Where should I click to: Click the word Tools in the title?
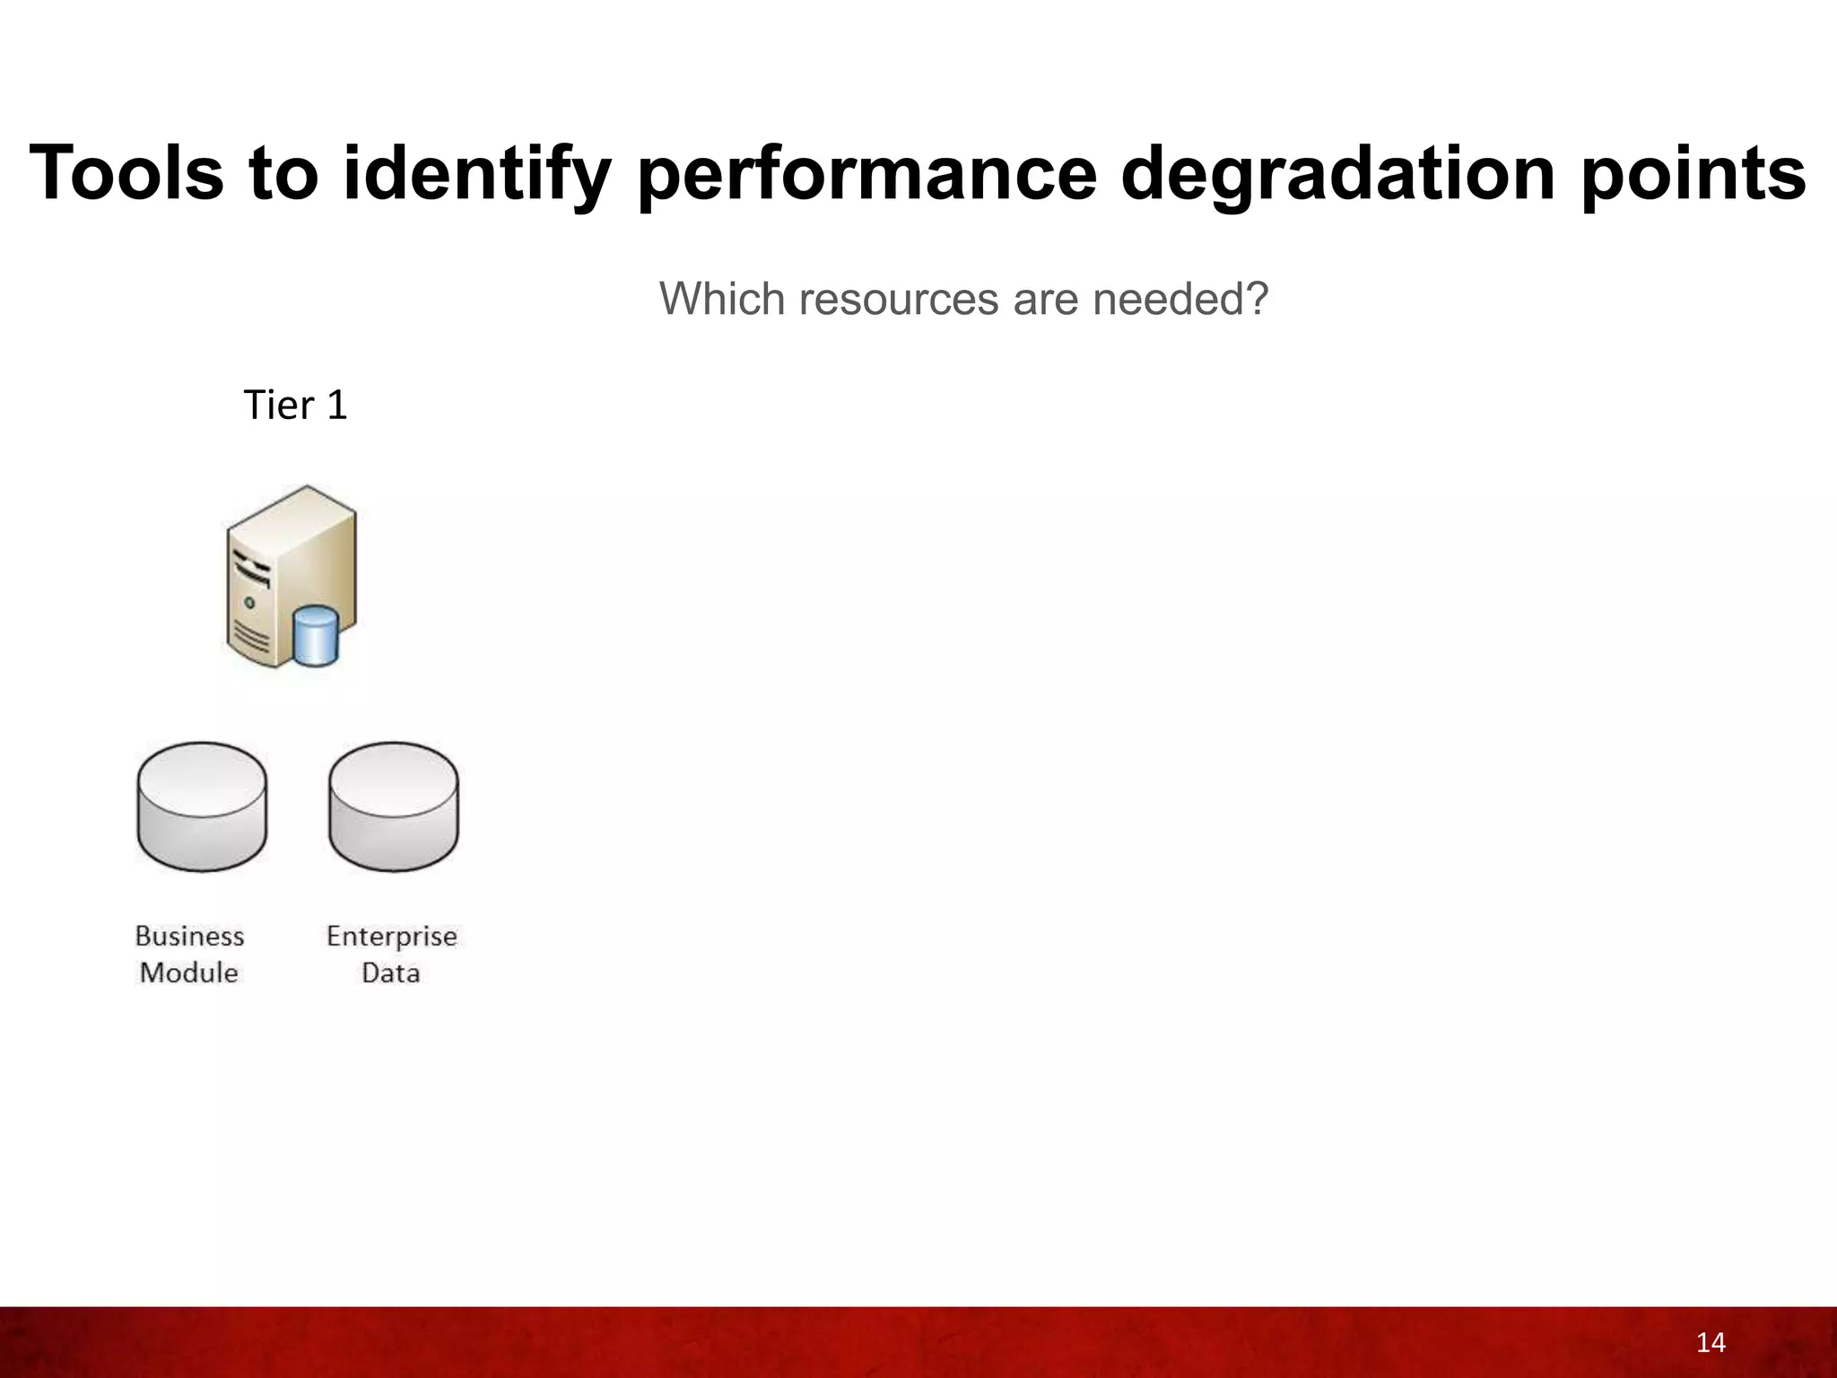pyautogui.click(x=126, y=173)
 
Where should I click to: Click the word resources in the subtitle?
pyautogui.click(x=899, y=299)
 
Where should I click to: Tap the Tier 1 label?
pyautogui.click(x=295, y=406)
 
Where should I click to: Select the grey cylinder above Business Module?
pyautogui.click(x=202, y=806)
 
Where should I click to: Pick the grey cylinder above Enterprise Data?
pyautogui.click(x=393, y=806)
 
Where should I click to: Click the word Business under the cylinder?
pyautogui.click(x=190, y=937)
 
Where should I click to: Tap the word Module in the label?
pyautogui.click(x=189, y=972)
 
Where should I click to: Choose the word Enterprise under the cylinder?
pyautogui.click(x=392, y=937)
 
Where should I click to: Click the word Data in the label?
pyautogui.click(x=390, y=972)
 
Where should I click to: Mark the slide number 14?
pyautogui.click(x=1711, y=1343)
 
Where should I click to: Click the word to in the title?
pyautogui.click(x=284, y=173)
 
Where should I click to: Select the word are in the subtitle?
pyautogui.click(x=1047, y=299)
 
